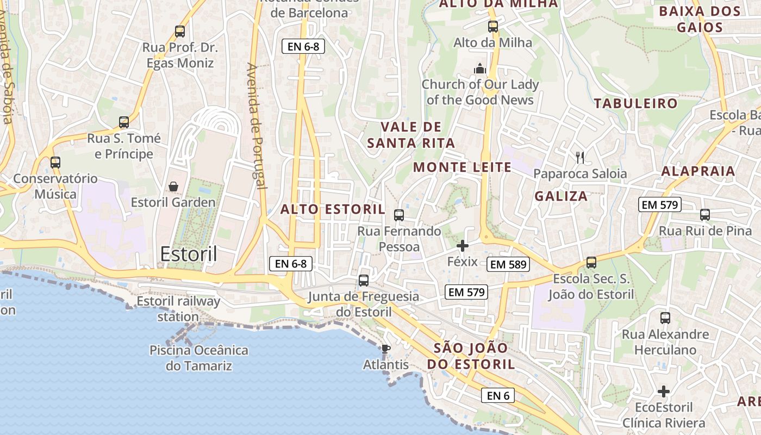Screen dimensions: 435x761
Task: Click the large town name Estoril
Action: [189, 254]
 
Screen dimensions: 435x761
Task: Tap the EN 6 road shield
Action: [497, 395]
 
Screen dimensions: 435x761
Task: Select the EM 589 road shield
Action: [508, 264]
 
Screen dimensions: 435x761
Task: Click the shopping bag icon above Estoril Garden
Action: [173, 187]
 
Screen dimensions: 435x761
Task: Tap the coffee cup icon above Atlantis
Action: [385, 349]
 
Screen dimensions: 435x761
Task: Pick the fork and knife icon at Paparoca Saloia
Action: [580, 158]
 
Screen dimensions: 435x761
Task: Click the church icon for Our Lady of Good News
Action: [480, 69]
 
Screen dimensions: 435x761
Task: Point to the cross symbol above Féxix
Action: [462, 246]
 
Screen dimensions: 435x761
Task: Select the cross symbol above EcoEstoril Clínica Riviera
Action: [663, 391]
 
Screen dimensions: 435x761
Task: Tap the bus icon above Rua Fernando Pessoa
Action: [399, 215]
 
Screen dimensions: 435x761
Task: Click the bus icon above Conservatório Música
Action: [55, 162]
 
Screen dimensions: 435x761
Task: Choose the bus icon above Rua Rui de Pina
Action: [705, 215]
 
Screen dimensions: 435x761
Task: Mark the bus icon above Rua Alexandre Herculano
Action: [665, 318]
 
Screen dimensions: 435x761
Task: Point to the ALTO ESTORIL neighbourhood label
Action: [333, 209]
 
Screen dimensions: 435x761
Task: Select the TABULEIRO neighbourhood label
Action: [635, 103]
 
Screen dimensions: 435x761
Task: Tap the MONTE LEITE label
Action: [462, 167]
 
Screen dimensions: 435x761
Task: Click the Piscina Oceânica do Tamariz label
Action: [199, 358]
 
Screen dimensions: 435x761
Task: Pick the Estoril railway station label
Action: [178, 308]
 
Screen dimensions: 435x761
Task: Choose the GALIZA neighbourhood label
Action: [561, 196]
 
